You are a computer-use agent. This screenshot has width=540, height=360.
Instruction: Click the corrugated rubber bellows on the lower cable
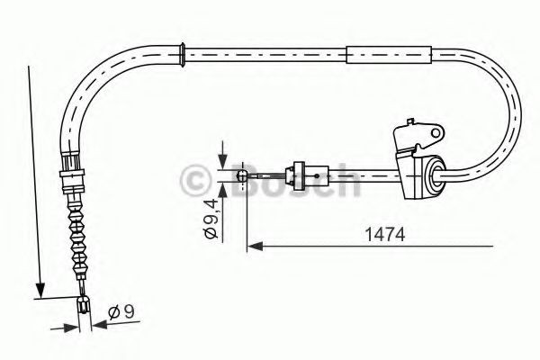pyautogui.click(x=78, y=234)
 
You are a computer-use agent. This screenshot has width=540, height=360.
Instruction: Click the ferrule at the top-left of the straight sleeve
pyautogui.click(x=184, y=53)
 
